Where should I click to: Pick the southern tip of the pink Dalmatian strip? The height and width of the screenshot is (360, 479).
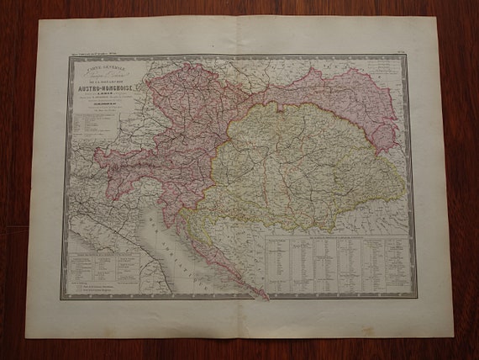[267, 297]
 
